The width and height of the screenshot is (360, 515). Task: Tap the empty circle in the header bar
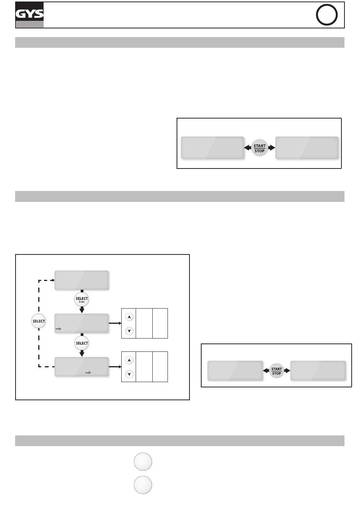tap(326, 16)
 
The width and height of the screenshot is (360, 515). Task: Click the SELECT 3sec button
tap(81, 299)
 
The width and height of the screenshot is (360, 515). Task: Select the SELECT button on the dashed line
tap(39, 321)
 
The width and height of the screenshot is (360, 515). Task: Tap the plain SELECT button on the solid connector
tap(81, 343)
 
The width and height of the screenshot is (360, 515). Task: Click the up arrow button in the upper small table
tap(129, 317)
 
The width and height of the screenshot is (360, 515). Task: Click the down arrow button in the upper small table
tap(129, 331)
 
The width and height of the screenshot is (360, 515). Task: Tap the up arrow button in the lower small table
tap(129, 360)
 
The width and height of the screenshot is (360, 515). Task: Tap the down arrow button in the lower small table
tap(129, 374)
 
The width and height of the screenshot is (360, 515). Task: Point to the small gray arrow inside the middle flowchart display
tap(58, 329)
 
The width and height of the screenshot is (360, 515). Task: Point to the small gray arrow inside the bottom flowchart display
tap(88, 373)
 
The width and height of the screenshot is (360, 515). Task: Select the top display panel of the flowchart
tap(82, 280)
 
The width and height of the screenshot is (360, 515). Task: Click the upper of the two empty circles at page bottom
tap(143, 462)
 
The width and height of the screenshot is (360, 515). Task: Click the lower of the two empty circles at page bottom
tap(143, 485)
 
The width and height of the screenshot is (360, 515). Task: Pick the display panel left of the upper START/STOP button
tap(213, 148)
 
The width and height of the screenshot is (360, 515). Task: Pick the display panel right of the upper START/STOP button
tap(307, 148)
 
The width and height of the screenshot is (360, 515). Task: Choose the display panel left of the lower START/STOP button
tap(235, 371)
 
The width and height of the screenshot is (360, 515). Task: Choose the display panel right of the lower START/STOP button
tap(318, 371)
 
